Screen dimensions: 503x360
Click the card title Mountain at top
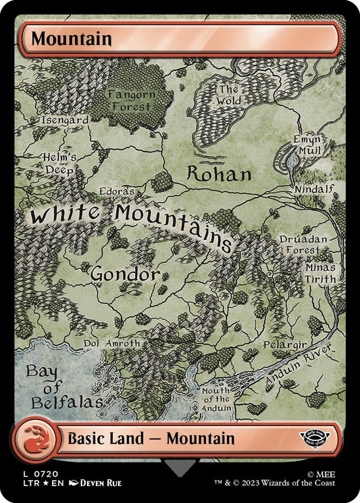tap(71, 39)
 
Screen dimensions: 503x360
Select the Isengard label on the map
tap(65, 120)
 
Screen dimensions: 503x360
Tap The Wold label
tap(228, 95)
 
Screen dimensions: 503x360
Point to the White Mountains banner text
tap(132, 220)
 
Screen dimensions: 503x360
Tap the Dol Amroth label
tap(111, 343)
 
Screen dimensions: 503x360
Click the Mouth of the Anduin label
tap(215, 400)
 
